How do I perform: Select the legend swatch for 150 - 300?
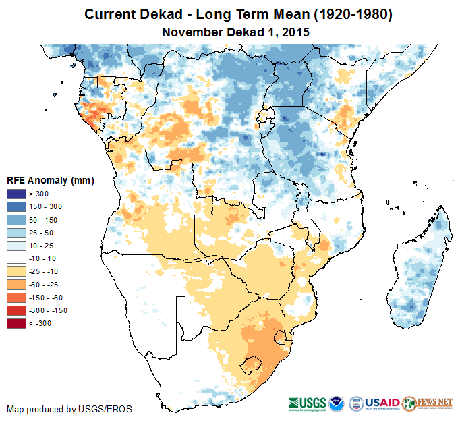point(17,207)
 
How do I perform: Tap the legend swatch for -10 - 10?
point(17,258)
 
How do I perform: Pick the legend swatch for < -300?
point(17,323)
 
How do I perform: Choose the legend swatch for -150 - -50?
point(17,298)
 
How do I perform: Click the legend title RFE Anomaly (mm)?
point(50,181)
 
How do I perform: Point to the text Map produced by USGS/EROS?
point(69,409)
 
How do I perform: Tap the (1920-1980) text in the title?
point(348,14)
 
